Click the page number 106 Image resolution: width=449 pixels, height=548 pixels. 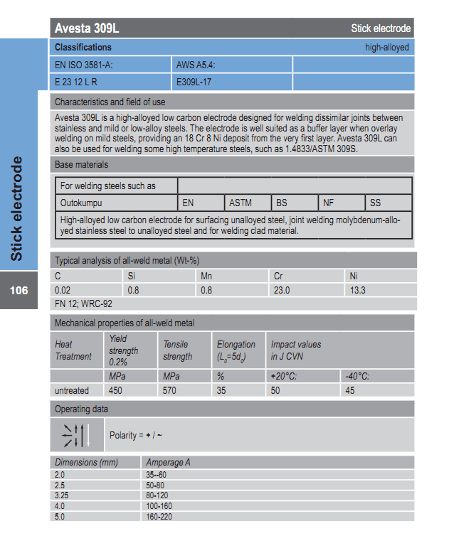[19, 290]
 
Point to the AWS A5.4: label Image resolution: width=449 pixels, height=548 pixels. [195, 65]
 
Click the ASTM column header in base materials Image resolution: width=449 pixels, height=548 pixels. [241, 203]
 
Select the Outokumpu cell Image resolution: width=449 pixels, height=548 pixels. [83, 203]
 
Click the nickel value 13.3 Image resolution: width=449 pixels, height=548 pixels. [357, 290]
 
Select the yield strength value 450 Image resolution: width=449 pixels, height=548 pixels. [116, 390]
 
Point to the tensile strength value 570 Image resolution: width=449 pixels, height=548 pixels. [170, 390]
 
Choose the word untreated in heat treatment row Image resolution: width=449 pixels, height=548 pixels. [72, 390]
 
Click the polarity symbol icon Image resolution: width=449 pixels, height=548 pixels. [75, 435]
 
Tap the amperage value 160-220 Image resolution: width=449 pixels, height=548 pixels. [159, 517]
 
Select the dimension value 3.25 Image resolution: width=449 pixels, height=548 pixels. [63, 495]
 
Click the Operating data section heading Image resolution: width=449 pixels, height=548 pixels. [82, 409]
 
